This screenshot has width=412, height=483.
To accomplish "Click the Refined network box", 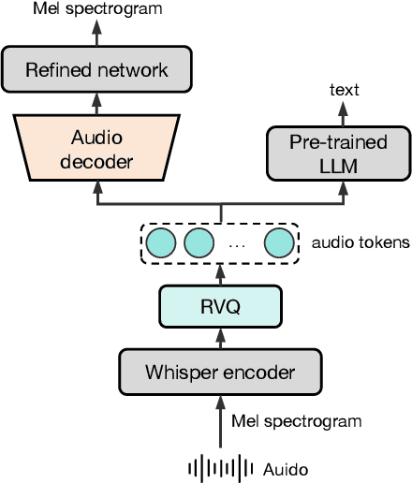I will tap(97, 68).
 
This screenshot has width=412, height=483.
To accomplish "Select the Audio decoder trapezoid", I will tap(97, 149).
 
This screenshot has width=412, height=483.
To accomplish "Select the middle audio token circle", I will tap(199, 243).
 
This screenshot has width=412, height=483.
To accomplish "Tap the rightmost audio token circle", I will tap(278, 243).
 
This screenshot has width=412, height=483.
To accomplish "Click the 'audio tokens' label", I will tap(361, 243).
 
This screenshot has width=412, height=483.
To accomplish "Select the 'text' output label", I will tap(344, 90).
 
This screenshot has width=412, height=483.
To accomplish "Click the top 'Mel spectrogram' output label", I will tap(97, 9).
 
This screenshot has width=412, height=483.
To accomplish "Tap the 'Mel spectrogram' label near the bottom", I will tap(297, 421).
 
